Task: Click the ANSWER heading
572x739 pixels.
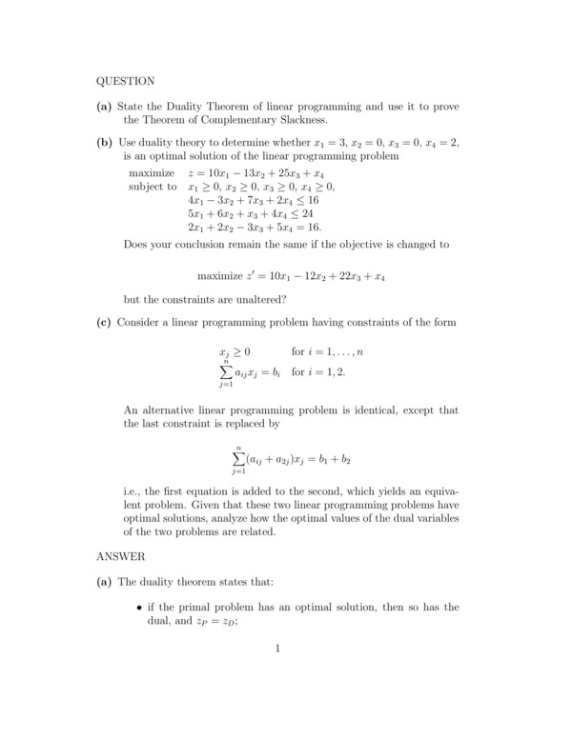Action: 120,554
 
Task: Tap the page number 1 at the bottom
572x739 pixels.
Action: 277,649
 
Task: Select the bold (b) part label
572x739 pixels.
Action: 105,143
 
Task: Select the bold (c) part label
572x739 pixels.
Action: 105,322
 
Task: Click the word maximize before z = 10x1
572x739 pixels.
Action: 152,174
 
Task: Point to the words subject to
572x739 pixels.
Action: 153,188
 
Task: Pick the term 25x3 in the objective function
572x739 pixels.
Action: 283,174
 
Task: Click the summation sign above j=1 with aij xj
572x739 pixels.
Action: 227,372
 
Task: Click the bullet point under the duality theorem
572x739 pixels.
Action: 140,608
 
